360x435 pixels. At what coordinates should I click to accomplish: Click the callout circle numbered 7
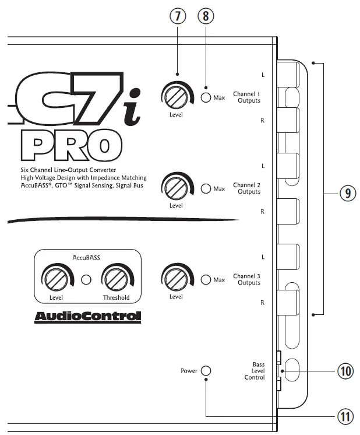[x=178, y=16]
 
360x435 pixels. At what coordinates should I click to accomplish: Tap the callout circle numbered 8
[x=206, y=16]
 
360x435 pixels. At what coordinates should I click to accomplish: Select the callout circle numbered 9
[x=348, y=193]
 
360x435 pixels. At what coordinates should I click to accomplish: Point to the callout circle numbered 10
[x=345, y=371]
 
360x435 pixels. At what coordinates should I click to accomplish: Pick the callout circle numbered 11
[x=345, y=416]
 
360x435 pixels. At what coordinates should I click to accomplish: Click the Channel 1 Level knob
[x=176, y=97]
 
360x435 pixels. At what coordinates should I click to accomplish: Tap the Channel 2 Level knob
[x=176, y=188]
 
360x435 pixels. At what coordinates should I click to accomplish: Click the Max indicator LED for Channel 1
[x=206, y=97]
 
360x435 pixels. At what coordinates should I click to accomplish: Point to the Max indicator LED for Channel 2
[x=206, y=189]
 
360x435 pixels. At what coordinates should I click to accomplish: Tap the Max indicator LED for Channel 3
[x=206, y=280]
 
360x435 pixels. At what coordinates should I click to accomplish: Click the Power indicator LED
[x=206, y=371]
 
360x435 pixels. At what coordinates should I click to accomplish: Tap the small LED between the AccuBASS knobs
[x=86, y=280]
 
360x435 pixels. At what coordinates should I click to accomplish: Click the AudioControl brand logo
[x=87, y=317]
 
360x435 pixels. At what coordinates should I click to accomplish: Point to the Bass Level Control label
[x=255, y=371]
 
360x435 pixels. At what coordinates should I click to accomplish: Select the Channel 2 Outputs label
[x=246, y=188]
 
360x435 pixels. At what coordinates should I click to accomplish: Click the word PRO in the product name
[x=72, y=145]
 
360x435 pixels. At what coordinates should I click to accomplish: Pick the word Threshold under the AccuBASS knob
[x=116, y=297]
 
